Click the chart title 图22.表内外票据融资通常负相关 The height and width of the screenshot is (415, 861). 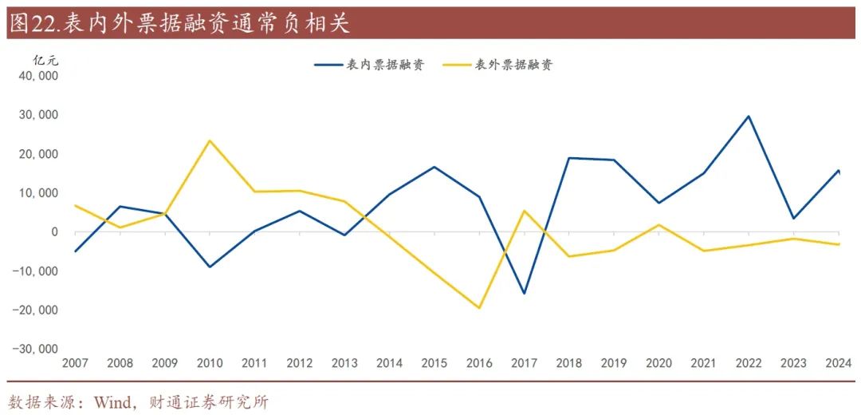pyautogui.click(x=179, y=23)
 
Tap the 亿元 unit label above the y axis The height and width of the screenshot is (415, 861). pyautogui.click(x=45, y=60)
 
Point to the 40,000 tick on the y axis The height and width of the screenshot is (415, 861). pyautogui.click(x=37, y=76)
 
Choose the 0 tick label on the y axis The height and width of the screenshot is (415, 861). pyautogui.click(x=54, y=232)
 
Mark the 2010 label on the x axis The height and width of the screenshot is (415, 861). pyautogui.click(x=210, y=363)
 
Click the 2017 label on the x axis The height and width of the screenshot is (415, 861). pyautogui.click(x=525, y=363)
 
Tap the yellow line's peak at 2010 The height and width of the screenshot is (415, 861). pyautogui.click(x=210, y=140)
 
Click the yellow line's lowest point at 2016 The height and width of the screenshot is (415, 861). pyautogui.click(x=479, y=308)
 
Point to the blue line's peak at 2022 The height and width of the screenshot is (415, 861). pyautogui.click(x=749, y=117)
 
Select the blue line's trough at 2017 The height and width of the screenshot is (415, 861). pyautogui.click(x=524, y=294)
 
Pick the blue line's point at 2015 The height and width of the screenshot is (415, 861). pyautogui.click(x=434, y=167)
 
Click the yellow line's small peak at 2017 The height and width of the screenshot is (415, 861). pyautogui.click(x=525, y=211)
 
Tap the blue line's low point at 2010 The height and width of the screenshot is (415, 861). pyautogui.click(x=210, y=267)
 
